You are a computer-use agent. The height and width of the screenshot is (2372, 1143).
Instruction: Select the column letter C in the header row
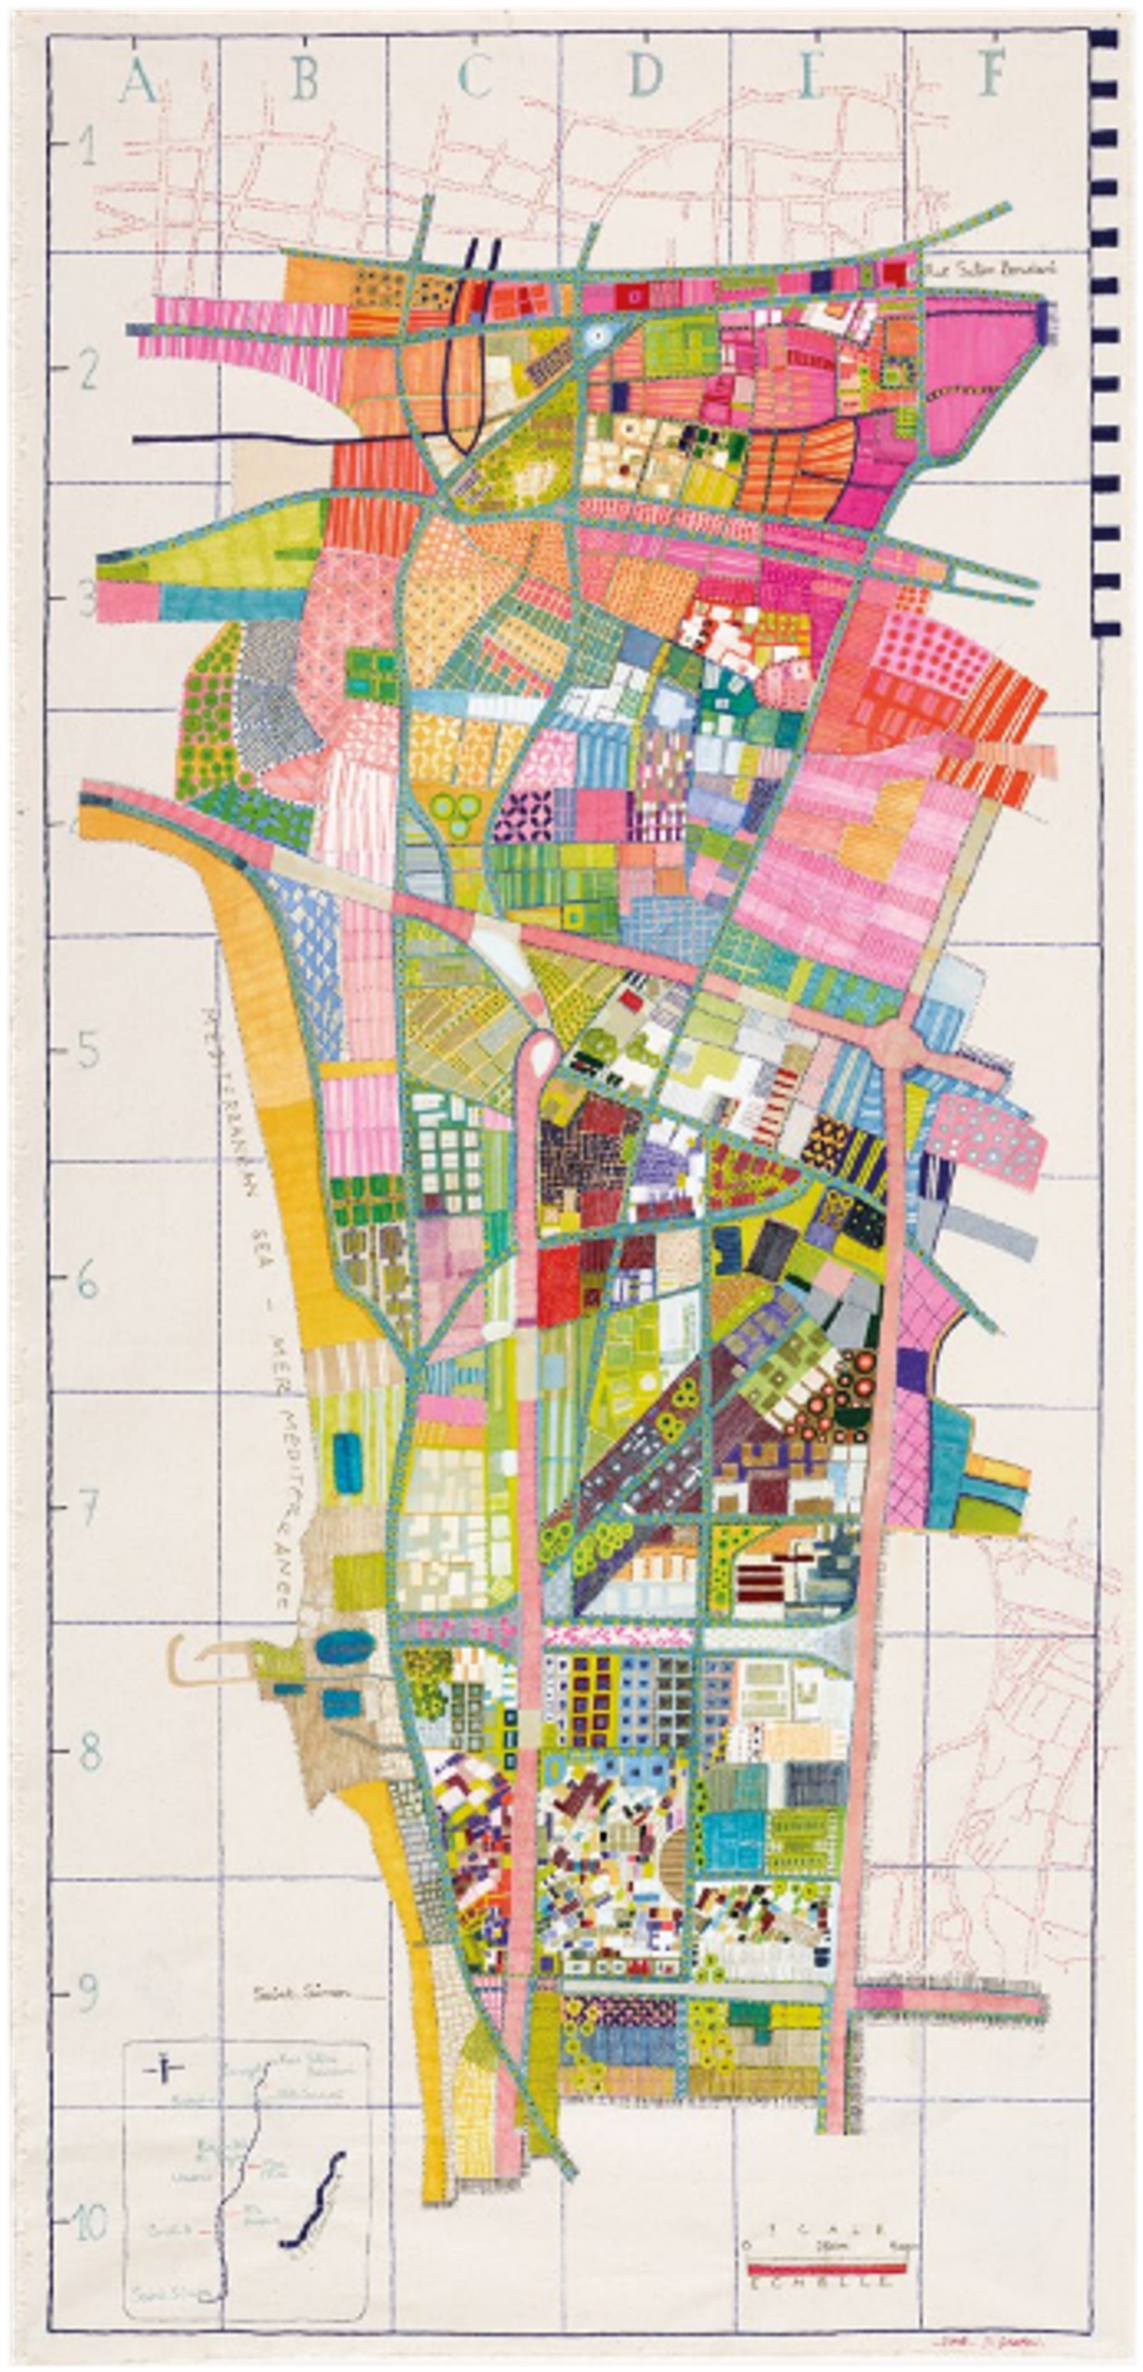(473, 80)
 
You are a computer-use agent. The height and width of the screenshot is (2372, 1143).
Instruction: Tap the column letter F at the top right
(991, 76)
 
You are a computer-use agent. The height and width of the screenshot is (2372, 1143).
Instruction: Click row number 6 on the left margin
(88, 1282)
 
